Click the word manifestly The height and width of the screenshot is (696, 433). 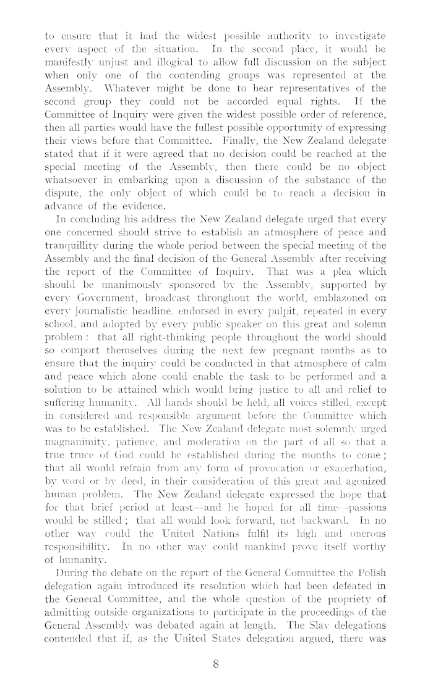pos(71,62)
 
